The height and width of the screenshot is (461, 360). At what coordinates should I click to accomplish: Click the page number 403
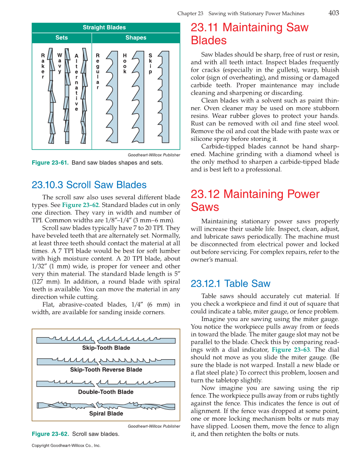333,13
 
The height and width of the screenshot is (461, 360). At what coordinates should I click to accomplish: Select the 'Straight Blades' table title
104,28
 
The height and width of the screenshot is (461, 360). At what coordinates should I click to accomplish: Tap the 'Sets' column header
61,38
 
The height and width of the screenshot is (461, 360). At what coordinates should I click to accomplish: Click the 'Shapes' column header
136,38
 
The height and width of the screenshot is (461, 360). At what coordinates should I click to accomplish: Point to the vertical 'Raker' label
43,66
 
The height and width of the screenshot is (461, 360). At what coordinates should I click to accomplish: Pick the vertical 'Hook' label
125,63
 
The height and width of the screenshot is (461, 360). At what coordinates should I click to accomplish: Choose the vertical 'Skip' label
150,63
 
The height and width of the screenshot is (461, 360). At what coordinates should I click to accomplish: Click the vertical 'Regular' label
98,71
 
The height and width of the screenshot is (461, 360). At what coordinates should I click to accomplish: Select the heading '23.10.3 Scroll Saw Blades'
89,185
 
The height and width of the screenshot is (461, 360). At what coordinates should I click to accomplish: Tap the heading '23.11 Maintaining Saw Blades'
249,34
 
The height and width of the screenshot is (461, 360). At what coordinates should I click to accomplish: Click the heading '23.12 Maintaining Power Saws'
254,201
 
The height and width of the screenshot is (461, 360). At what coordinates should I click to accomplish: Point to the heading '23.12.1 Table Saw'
230,284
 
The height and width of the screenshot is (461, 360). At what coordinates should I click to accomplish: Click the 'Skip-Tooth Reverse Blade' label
106,370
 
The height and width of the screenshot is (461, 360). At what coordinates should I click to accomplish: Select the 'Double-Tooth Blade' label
106,392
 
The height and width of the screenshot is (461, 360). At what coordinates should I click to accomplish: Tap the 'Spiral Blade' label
106,414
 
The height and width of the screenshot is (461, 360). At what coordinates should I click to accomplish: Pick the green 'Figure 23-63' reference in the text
290,350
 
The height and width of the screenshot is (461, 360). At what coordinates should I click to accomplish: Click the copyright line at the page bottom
66,446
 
